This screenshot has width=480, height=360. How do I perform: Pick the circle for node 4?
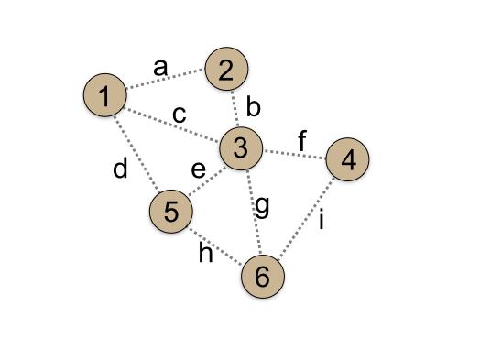(x=347, y=159)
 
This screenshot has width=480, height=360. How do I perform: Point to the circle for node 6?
(x=263, y=277)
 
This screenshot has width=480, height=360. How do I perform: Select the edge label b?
(x=254, y=109)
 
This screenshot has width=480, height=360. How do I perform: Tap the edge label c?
(x=180, y=115)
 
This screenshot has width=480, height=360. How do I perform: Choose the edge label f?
(x=301, y=142)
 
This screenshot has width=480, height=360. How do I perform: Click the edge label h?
(x=206, y=254)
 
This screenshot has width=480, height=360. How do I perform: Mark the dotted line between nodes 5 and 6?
(x=216, y=244)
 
